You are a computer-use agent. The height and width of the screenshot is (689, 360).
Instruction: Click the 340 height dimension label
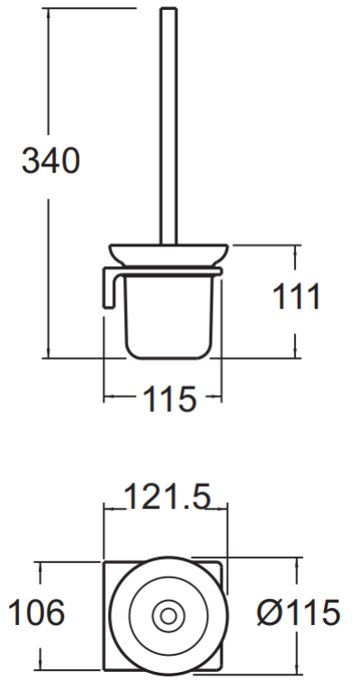click(51, 162)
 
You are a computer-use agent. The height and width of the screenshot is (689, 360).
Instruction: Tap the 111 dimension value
click(296, 296)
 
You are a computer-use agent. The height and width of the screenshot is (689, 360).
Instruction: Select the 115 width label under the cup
click(168, 398)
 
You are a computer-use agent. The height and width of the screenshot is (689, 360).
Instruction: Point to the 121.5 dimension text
click(166, 496)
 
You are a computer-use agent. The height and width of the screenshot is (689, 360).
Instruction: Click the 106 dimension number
click(36, 614)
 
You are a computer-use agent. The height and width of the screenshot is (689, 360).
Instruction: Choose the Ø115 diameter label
click(298, 614)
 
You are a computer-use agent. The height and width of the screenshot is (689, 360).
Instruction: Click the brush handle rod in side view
click(167, 126)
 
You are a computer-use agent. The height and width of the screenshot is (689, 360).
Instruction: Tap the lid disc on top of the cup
click(167, 254)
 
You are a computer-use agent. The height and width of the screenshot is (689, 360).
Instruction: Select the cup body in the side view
click(167, 310)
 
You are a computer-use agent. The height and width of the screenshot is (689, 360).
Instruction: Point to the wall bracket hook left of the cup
click(107, 288)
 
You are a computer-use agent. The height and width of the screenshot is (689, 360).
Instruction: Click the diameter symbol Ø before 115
click(268, 614)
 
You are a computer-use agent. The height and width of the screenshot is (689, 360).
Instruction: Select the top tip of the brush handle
click(167, 10)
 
